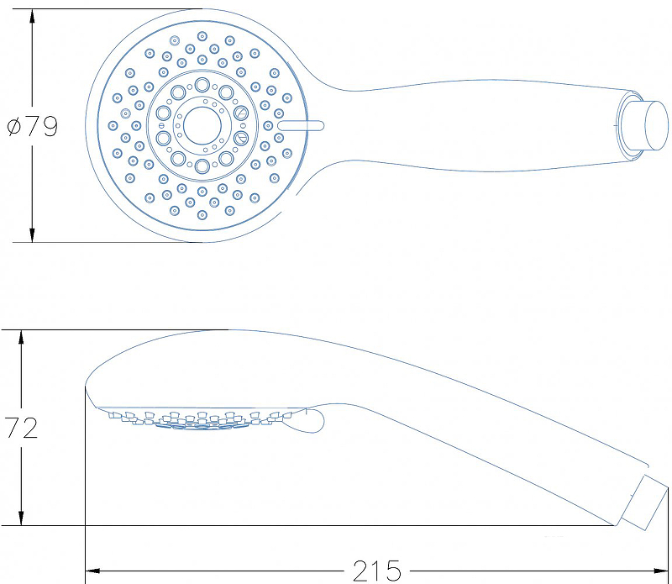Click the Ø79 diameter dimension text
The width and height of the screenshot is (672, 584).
click(x=33, y=127)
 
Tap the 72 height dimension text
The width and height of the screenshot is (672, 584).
click(x=22, y=428)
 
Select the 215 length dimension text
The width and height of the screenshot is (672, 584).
click(x=377, y=571)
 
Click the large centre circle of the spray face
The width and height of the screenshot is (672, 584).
click(x=202, y=126)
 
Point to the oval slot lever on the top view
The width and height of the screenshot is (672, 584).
click(x=301, y=126)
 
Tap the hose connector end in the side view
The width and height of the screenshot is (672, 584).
click(x=644, y=502)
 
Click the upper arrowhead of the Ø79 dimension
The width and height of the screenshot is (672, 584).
click(x=32, y=17)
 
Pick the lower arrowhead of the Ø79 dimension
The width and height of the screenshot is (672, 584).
click(x=32, y=234)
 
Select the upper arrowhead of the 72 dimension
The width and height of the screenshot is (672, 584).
click(x=21, y=339)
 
